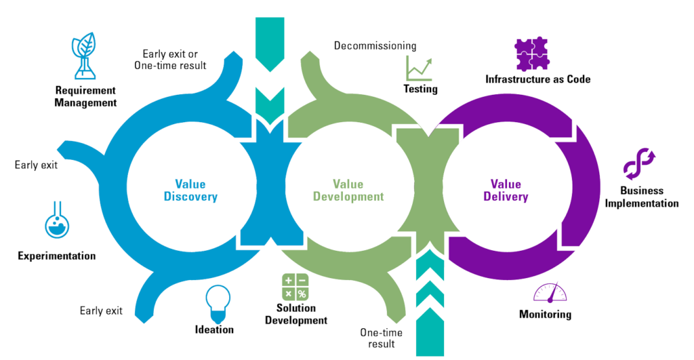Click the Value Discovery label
point(196,190)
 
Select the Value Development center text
point(358,190)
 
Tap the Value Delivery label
point(506,190)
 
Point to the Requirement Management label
point(86,96)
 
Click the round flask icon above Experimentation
point(57,220)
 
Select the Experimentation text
point(57,256)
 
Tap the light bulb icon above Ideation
point(218,302)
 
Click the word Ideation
point(214,329)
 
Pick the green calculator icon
point(295,287)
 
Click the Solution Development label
point(296,314)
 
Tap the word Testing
point(421,89)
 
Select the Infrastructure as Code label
point(538,79)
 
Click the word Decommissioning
point(375,46)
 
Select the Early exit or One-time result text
point(174,59)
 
